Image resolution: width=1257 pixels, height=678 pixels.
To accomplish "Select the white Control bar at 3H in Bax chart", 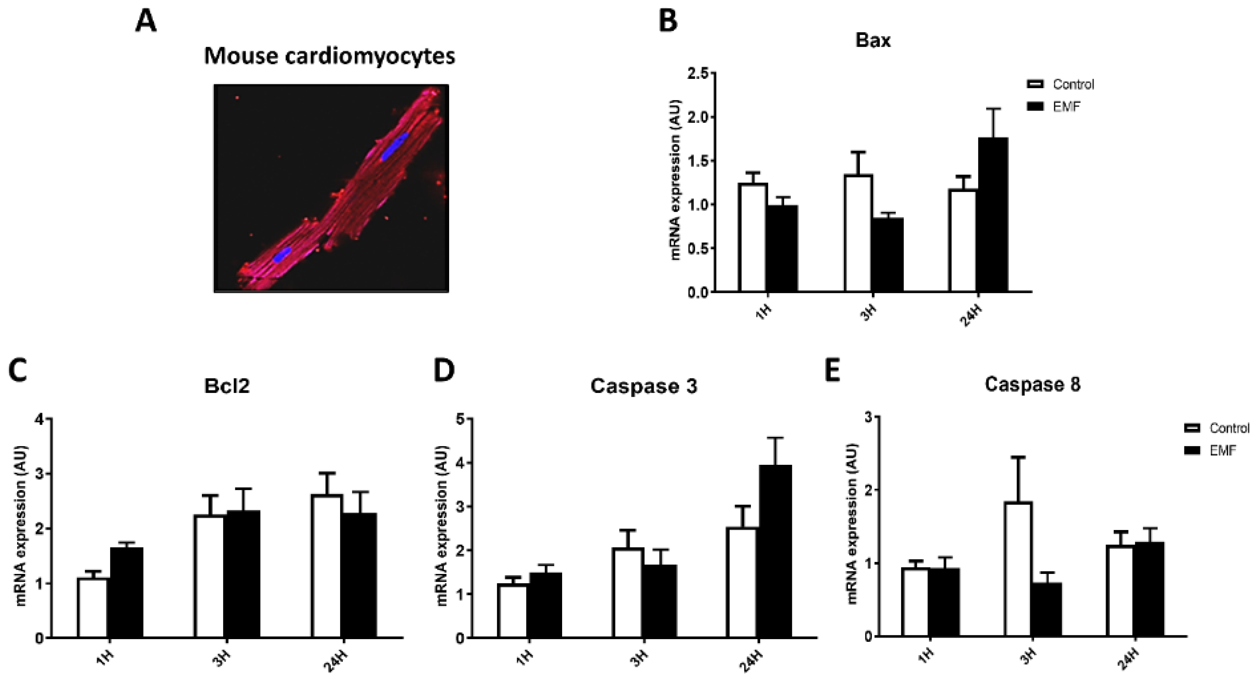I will tap(858, 233).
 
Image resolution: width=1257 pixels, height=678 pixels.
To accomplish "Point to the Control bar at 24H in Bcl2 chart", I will tap(327, 566).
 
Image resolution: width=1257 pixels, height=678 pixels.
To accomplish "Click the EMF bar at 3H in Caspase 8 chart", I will tap(1047, 610).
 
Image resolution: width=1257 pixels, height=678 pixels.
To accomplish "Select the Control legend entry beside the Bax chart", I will tap(1061, 84).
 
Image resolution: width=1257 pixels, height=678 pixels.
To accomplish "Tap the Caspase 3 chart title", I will tap(644, 386).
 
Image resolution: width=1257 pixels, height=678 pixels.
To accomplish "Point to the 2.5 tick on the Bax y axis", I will tap(698, 74).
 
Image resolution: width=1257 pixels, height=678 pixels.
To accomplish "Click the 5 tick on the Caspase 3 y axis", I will tap(460, 419).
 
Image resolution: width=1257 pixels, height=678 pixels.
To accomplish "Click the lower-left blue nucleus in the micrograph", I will tap(282, 254).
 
